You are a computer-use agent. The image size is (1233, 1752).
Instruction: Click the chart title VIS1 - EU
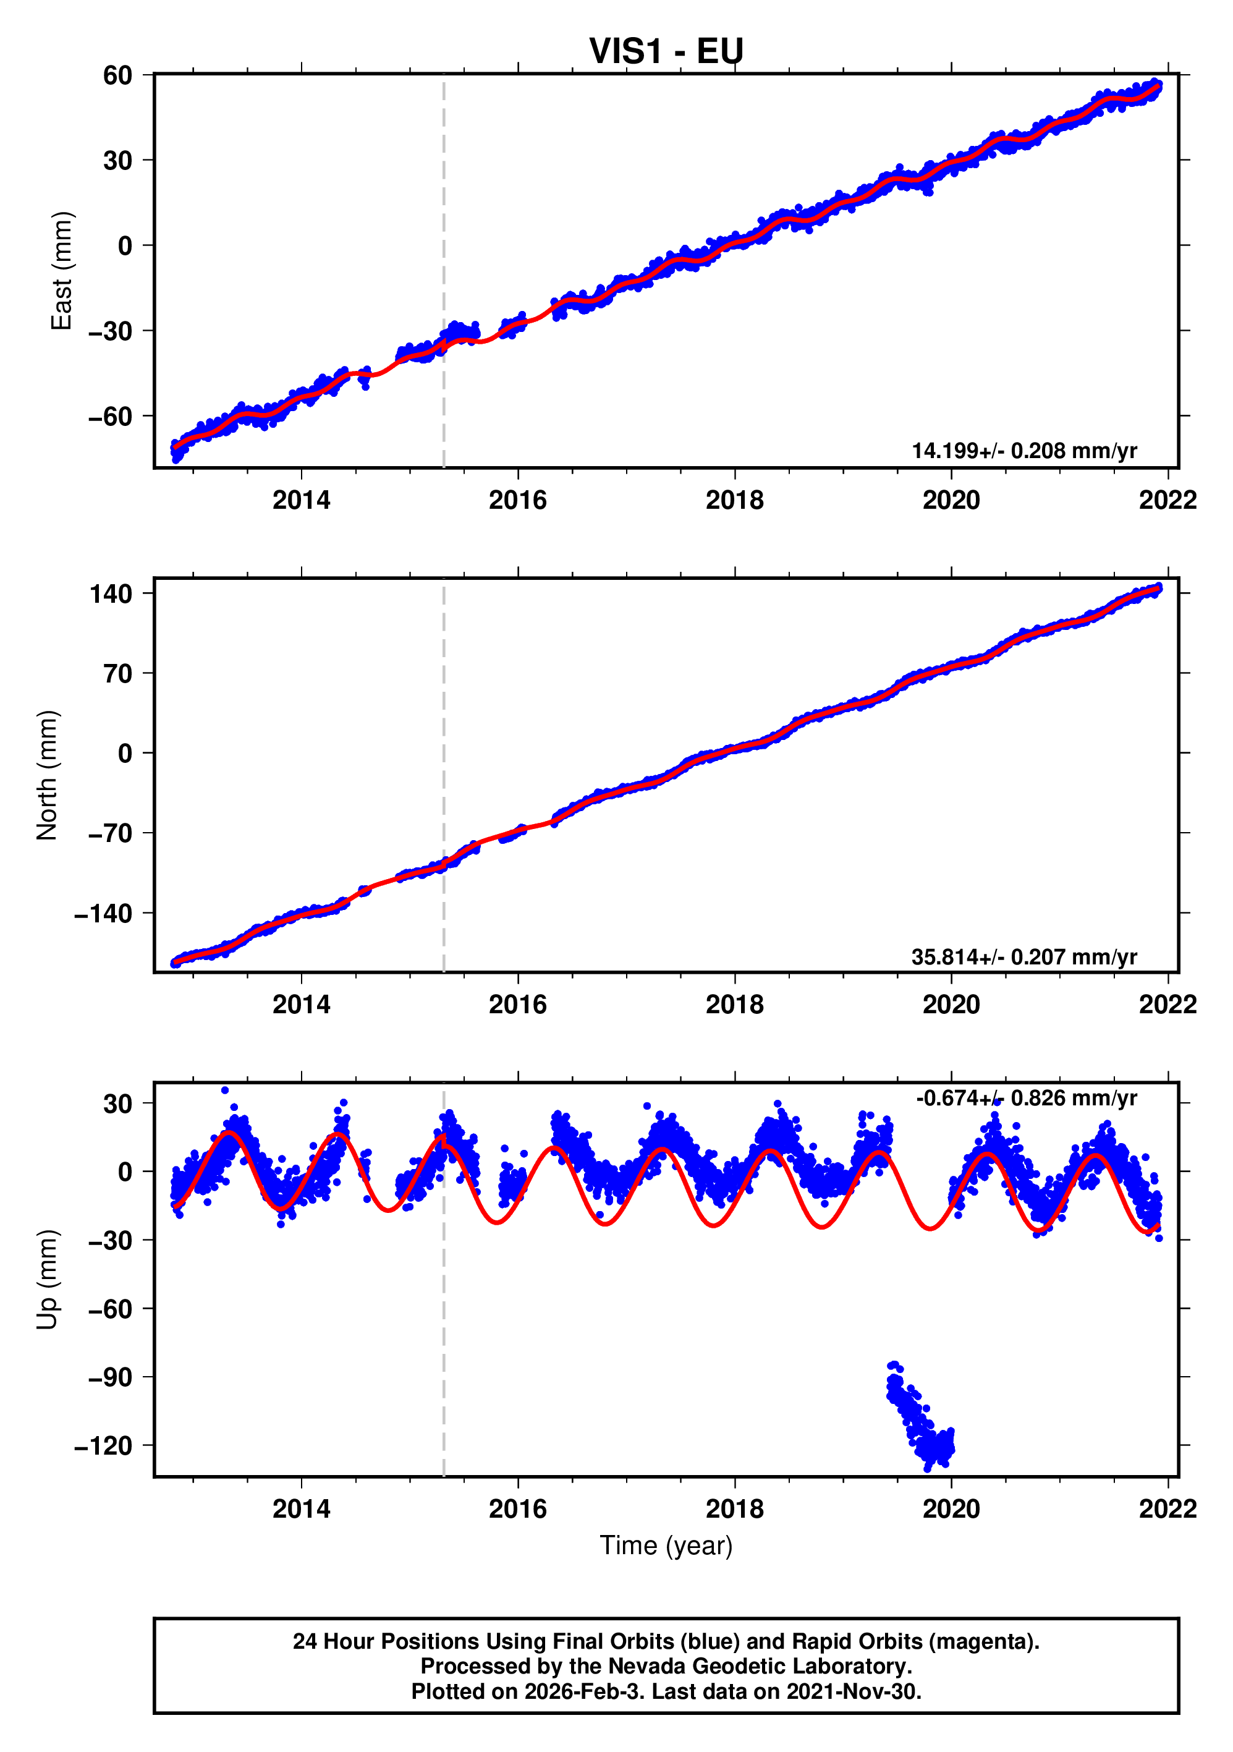[x=666, y=51]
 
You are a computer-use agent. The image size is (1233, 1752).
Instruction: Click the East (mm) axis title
[x=61, y=271]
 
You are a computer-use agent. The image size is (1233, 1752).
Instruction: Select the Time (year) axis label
[x=666, y=1545]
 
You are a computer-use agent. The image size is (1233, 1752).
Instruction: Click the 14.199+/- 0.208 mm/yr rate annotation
[x=1024, y=451]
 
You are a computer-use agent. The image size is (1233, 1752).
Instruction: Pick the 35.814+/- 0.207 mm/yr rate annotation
[x=1024, y=957]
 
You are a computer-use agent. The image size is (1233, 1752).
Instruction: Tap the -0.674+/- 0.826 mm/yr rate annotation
[x=1026, y=1098]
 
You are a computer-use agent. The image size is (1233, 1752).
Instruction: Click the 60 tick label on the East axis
[x=117, y=75]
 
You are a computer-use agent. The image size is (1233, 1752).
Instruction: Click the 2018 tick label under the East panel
[x=734, y=501]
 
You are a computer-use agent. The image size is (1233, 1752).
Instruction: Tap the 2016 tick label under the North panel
[x=517, y=1005]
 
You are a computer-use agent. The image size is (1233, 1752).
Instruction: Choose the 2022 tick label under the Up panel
[x=1167, y=1509]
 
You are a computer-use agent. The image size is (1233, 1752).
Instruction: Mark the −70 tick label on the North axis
[x=110, y=833]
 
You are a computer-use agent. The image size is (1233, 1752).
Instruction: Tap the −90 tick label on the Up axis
[x=110, y=1377]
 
